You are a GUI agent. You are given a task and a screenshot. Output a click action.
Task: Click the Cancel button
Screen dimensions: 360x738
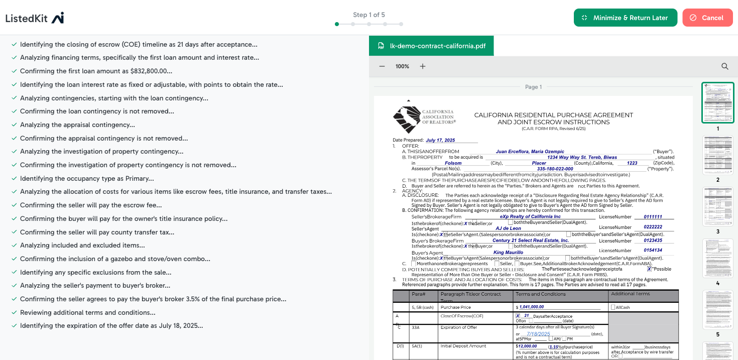(707, 18)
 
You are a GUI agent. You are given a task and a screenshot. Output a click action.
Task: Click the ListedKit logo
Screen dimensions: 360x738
(35, 18)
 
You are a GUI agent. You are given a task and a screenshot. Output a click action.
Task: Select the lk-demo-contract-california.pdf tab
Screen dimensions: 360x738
(431, 46)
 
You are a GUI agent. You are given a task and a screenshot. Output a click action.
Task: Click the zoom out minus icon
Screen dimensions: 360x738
(382, 66)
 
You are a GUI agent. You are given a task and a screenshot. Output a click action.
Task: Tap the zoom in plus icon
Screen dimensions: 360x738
(423, 66)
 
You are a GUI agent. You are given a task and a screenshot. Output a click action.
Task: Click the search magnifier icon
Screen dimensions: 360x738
(725, 66)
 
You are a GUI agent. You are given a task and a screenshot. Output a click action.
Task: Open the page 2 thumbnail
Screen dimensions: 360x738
(718, 155)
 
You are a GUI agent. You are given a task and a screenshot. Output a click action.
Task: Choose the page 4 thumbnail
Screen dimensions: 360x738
(718, 258)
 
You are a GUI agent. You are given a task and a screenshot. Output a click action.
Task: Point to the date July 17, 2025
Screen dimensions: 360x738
(440, 141)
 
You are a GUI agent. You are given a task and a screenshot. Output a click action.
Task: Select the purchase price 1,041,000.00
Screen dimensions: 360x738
(532, 307)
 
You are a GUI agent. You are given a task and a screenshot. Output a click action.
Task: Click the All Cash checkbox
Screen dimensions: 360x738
(613, 307)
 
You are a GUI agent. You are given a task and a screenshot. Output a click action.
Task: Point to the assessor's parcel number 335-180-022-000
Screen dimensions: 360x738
(555, 169)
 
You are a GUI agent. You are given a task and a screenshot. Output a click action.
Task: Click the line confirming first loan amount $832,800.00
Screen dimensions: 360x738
(96, 71)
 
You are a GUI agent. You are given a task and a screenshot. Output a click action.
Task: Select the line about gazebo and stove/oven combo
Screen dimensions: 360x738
(115, 259)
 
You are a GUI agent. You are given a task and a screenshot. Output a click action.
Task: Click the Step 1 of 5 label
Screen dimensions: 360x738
(369, 15)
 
